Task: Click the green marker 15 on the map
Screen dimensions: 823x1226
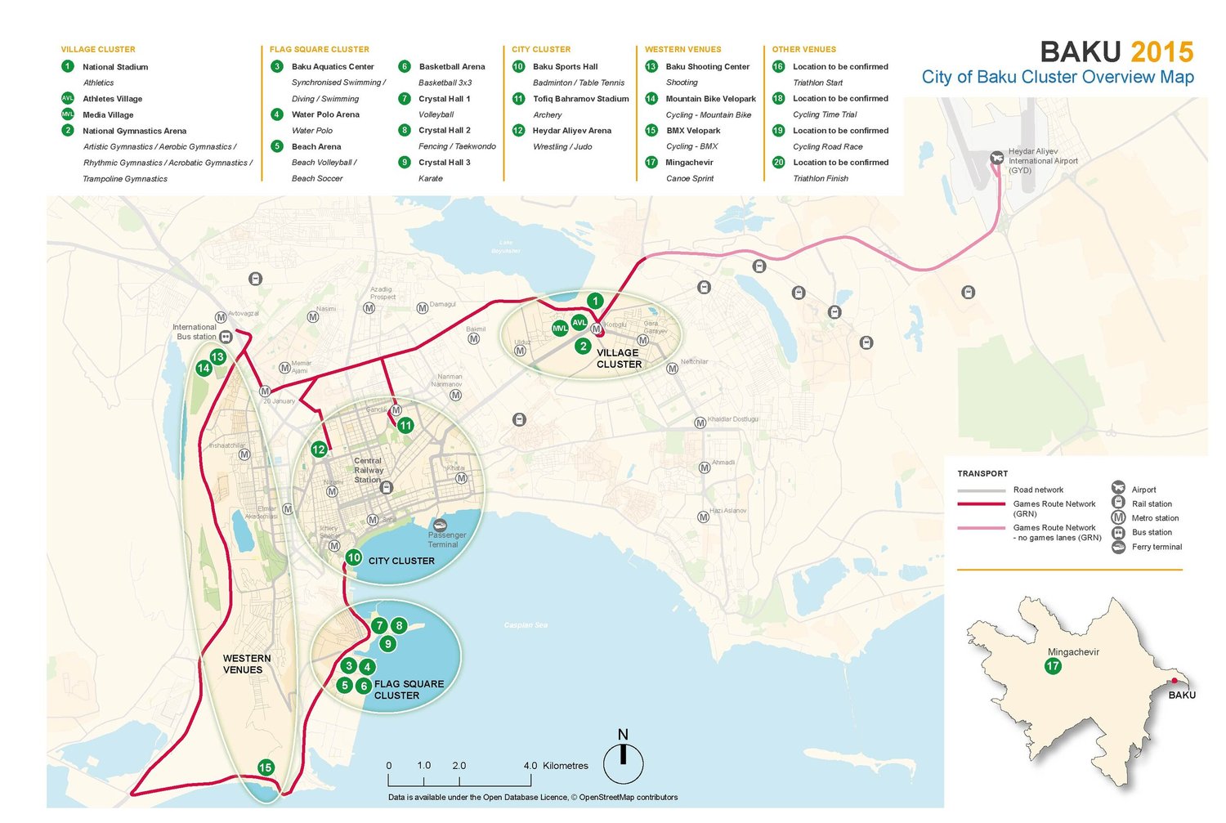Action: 265,767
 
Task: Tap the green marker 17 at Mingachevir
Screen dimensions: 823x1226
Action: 1053,666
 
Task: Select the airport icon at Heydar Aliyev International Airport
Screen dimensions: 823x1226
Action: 996,158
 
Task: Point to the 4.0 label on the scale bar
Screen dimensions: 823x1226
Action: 530,766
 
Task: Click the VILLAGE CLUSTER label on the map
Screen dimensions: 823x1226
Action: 619,359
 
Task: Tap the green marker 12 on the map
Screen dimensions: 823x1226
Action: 319,450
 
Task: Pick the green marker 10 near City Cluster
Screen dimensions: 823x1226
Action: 353,557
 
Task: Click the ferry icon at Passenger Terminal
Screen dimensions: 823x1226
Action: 440,525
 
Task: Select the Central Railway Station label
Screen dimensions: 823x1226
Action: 368,470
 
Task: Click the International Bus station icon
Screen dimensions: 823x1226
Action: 226,337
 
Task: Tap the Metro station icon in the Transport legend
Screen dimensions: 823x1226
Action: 1118,518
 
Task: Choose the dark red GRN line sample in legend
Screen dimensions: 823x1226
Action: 981,504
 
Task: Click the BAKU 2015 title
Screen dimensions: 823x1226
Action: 1116,52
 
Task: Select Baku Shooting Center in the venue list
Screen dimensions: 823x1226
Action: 707,67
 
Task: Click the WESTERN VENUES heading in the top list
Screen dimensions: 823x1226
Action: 682,50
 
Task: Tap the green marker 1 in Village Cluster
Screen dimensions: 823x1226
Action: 595,301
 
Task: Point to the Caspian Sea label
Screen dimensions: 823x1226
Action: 526,625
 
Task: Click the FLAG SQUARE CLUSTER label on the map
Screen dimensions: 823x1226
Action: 409,690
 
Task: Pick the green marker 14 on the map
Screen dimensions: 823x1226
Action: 204,368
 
